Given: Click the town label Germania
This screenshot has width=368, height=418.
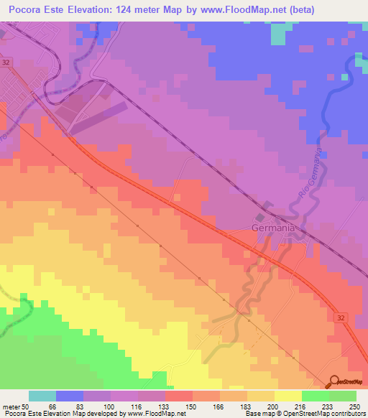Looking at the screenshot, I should click(273, 228).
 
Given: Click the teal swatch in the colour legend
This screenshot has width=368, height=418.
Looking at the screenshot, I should click(42, 396).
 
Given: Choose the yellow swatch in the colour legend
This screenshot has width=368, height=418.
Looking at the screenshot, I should click(287, 396).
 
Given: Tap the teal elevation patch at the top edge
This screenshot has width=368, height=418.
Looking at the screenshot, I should click(279, 32).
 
